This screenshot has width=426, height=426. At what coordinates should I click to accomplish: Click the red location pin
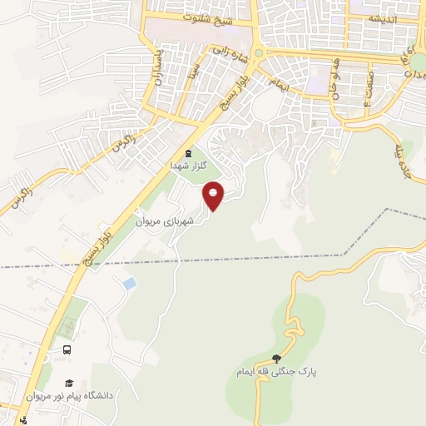click(215, 196)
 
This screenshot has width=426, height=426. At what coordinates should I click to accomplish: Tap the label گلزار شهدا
click(187, 165)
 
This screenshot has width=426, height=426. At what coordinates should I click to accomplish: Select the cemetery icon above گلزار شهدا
click(188, 153)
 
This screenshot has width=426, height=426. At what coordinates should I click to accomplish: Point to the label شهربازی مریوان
click(166, 222)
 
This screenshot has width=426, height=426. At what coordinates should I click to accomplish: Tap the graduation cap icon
click(69, 384)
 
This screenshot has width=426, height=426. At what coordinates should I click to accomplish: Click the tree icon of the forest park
click(277, 359)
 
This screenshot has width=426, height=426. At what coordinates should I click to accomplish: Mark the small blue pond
click(129, 284)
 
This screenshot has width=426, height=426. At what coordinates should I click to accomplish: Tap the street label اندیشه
click(382, 18)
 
